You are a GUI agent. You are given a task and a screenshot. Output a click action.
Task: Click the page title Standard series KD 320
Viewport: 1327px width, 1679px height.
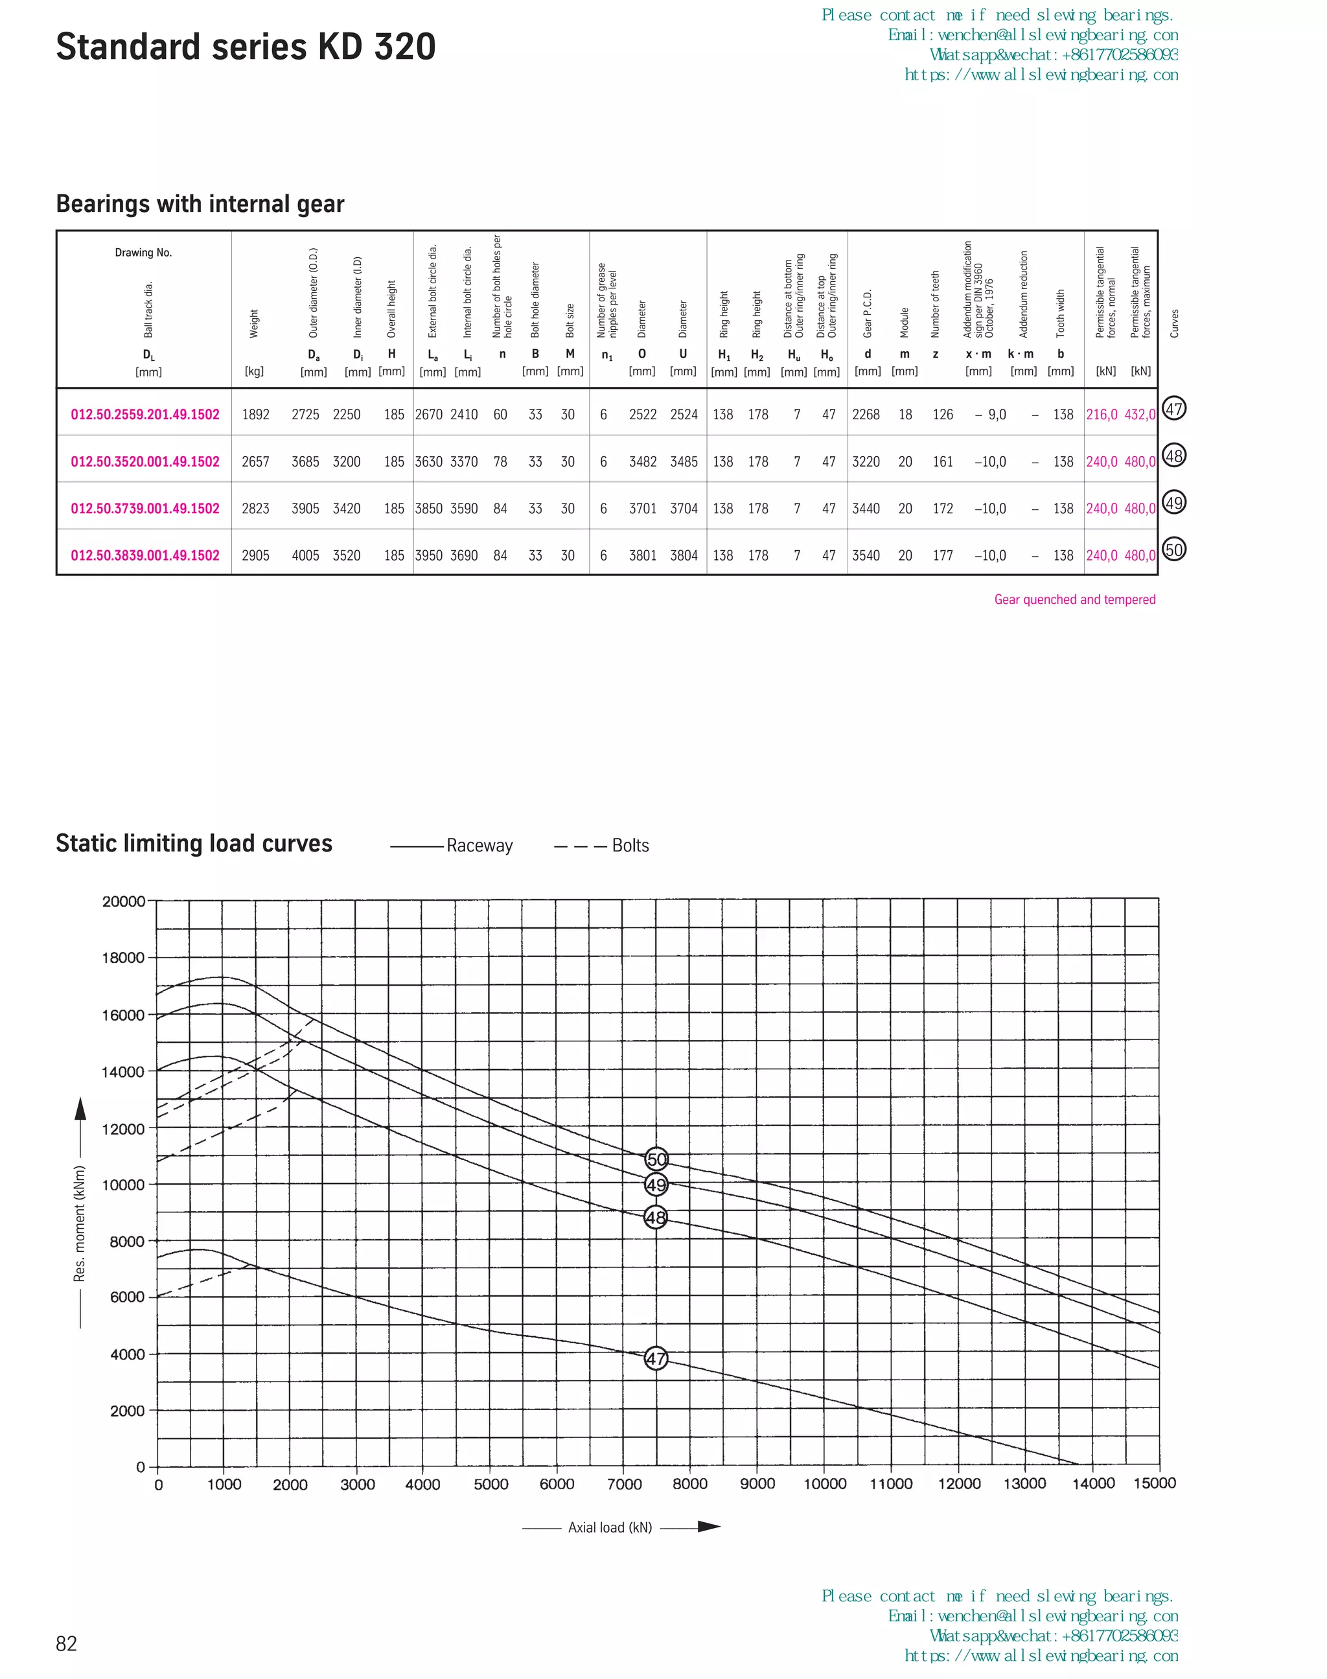point(246,47)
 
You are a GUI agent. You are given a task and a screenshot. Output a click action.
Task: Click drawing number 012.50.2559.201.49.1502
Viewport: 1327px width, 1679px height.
point(145,415)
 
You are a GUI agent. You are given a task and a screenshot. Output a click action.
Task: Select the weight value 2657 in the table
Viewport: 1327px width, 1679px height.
point(255,461)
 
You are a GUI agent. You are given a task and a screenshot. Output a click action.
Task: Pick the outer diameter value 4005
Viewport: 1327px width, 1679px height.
point(305,555)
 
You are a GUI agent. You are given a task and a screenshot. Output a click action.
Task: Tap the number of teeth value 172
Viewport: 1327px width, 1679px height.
point(942,509)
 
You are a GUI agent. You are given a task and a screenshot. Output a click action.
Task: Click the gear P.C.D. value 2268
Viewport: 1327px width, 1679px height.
point(866,415)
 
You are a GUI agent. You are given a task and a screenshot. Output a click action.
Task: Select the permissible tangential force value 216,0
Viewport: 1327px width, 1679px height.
point(1101,415)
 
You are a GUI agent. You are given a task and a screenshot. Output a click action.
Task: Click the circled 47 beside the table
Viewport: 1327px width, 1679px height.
point(1173,409)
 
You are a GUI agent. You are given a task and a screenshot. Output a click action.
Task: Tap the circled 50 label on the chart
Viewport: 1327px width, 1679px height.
point(656,1159)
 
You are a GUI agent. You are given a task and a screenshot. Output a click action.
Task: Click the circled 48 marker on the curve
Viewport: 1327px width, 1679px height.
point(656,1218)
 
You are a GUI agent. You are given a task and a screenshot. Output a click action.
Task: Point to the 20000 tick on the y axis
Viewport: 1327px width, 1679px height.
point(124,901)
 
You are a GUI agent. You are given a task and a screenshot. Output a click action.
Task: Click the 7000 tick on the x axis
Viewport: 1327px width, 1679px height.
point(624,1484)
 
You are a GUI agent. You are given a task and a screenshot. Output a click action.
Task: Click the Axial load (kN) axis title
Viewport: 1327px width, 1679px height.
point(610,1527)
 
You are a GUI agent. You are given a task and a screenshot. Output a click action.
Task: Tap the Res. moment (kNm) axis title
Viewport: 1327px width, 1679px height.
point(79,1223)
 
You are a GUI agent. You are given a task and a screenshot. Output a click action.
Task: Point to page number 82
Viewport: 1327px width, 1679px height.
point(66,1643)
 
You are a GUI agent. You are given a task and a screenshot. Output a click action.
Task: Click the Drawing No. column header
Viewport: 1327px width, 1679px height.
point(143,253)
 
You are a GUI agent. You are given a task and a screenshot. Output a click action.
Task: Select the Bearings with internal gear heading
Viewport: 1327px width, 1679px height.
point(200,203)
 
